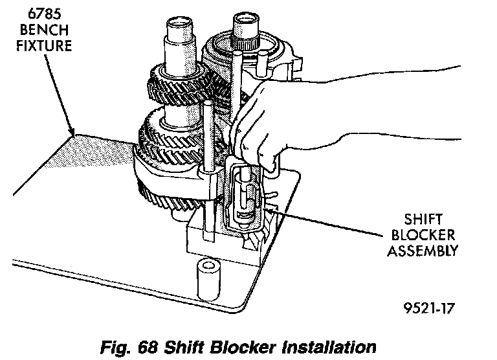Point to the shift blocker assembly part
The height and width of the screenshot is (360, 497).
coord(245,194)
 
